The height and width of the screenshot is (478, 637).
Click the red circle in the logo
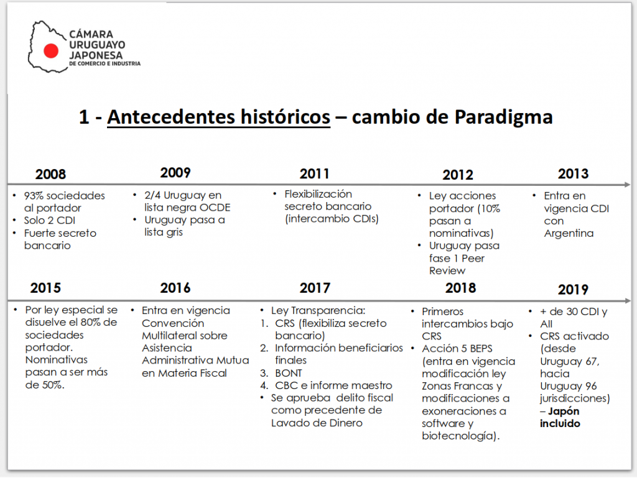[x=52, y=51]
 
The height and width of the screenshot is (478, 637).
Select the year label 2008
[x=50, y=175]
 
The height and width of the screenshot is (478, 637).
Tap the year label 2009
[x=175, y=173]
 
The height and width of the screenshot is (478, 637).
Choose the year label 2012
[x=458, y=175]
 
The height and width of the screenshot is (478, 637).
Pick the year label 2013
[x=573, y=173]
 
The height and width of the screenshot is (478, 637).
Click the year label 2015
[x=45, y=288]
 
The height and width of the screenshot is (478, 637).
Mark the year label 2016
[x=175, y=288]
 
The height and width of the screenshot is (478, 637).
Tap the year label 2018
[x=460, y=288]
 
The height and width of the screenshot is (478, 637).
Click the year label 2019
[x=573, y=289]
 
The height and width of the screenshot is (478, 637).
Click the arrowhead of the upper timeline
[x=629, y=185]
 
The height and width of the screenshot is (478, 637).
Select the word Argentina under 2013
[x=569, y=234]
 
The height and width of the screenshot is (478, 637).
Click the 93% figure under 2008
[x=34, y=196]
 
